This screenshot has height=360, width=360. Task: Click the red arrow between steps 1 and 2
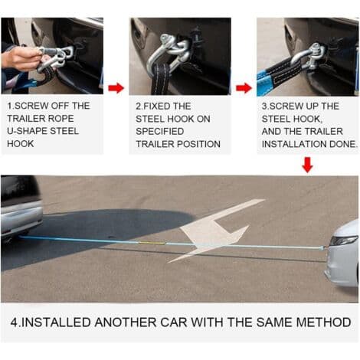116,88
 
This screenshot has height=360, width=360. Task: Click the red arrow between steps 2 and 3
244,88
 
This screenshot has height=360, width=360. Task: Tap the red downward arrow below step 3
307,165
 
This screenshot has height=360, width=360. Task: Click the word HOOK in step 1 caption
21,144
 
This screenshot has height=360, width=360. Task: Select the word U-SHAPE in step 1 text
28,131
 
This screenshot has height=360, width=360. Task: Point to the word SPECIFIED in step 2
160,131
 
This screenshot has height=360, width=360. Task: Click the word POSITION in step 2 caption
199,144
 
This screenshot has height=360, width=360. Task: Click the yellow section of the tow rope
152,243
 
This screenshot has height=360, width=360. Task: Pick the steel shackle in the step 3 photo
312,57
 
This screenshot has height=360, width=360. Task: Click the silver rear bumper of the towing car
21,217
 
